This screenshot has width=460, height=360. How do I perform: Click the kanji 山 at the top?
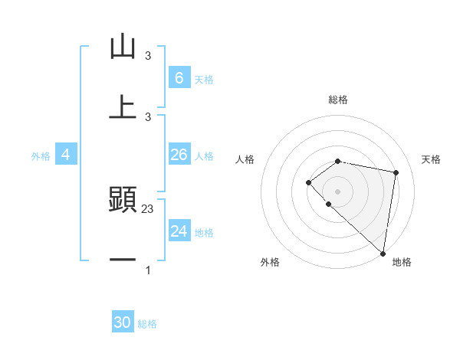click(123, 47)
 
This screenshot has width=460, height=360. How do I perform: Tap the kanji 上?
click(123, 106)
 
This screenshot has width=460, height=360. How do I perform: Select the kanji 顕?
click(123, 199)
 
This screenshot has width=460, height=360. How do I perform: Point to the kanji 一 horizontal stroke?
click(123, 260)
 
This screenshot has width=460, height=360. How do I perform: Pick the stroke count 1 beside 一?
click(148, 270)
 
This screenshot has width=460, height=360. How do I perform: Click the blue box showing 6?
click(179, 77)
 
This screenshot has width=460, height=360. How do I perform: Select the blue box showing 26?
click(179, 155)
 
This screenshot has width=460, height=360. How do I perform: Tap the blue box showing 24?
click(179, 231)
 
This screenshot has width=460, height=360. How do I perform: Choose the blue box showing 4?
click(65, 155)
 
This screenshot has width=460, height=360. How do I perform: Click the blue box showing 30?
click(123, 322)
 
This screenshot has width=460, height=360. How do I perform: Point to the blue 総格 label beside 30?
click(147, 324)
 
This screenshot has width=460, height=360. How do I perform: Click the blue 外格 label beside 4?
click(41, 155)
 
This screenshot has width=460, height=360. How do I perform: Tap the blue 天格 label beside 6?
click(203, 79)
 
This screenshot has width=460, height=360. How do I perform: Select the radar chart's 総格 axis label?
click(338, 100)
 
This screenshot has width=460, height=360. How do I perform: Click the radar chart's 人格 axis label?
click(245, 159)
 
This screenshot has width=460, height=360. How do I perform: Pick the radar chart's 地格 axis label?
click(402, 262)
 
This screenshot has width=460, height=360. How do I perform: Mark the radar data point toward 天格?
click(396, 172)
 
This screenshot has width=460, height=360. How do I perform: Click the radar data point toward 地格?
click(383, 253)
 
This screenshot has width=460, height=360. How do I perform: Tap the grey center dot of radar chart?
click(338, 191)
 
